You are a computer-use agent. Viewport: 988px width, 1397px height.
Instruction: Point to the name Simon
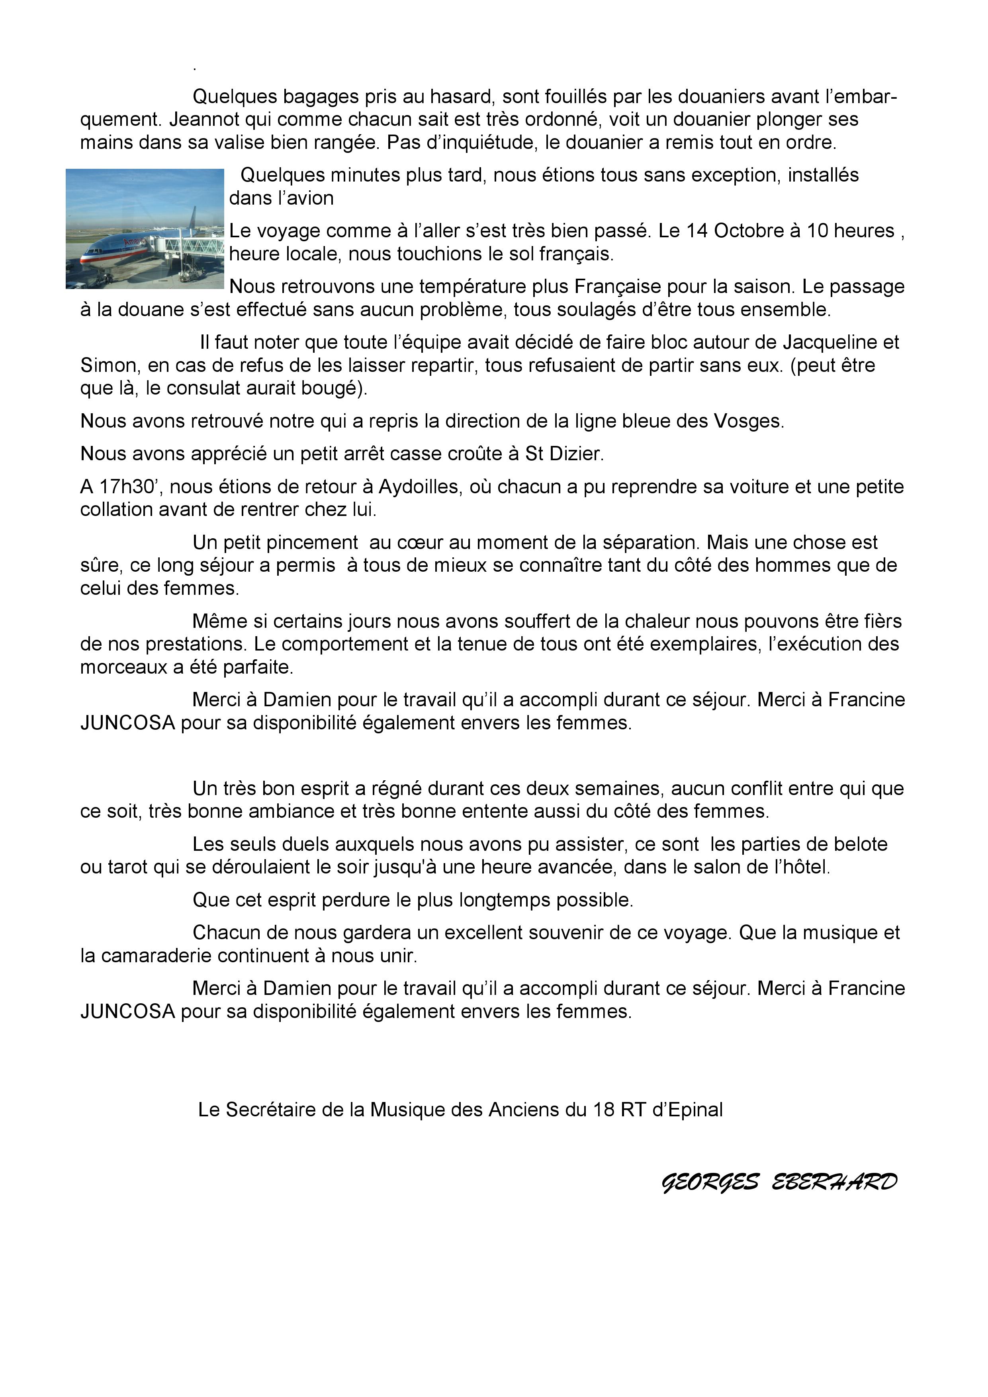click(x=108, y=366)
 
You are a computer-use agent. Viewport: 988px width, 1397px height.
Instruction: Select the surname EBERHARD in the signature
click(x=835, y=1182)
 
